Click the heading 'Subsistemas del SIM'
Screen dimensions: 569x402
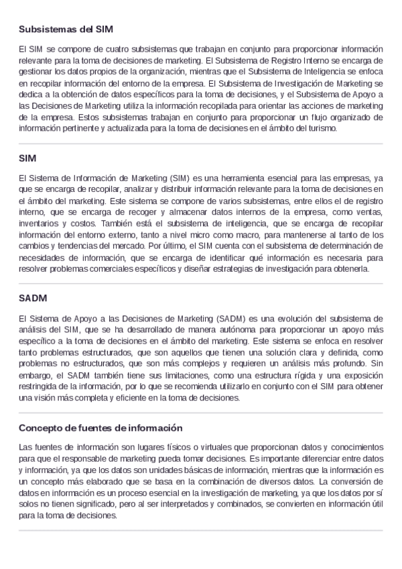66,30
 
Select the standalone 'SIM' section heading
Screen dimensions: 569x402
27,158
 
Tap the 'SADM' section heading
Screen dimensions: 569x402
32,297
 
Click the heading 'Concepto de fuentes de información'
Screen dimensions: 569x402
100,427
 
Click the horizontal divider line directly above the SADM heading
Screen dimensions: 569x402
201,283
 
